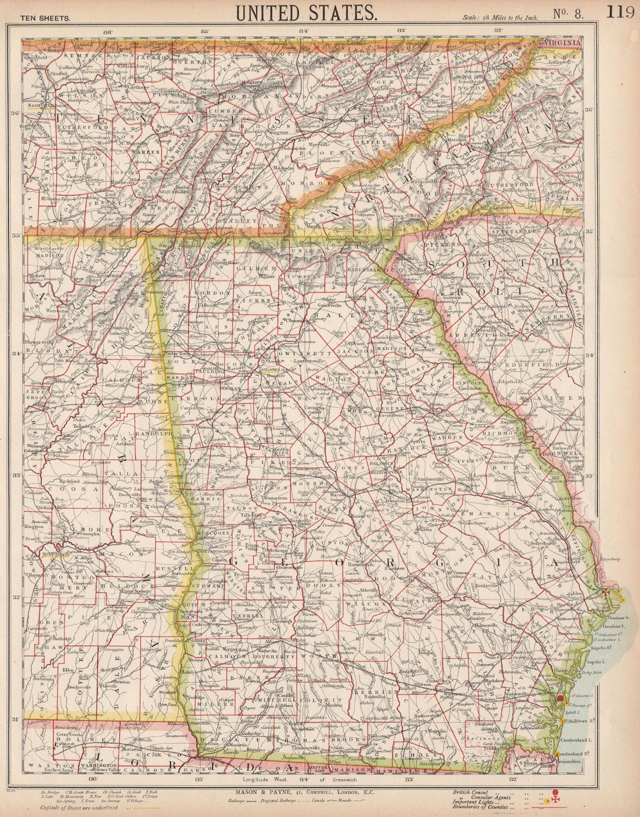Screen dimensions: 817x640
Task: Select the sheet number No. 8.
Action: pyautogui.click(x=568, y=14)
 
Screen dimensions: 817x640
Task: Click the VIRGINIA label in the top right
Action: pyautogui.click(x=562, y=43)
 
